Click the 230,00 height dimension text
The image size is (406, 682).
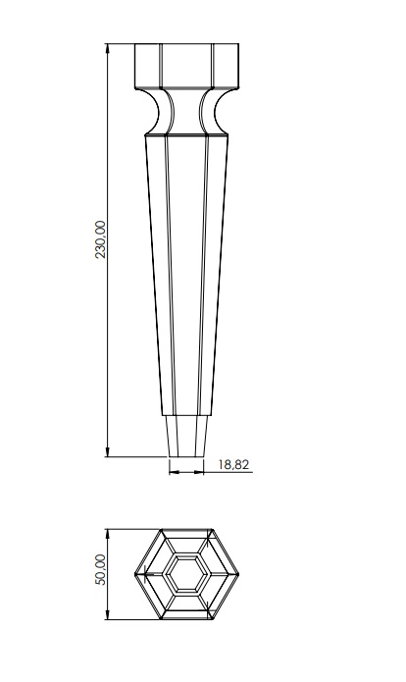point(99,240)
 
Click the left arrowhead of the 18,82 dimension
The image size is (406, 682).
point(173,472)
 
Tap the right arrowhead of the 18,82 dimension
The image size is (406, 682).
point(200,472)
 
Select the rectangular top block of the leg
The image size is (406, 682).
point(185,67)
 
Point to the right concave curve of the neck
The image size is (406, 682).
point(218,108)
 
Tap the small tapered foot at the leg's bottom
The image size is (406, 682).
point(185,437)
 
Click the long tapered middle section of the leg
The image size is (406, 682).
point(185,275)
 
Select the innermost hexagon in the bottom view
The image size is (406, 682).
point(185,574)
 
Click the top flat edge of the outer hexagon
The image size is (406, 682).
point(185,531)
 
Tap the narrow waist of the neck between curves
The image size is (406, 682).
point(185,110)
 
